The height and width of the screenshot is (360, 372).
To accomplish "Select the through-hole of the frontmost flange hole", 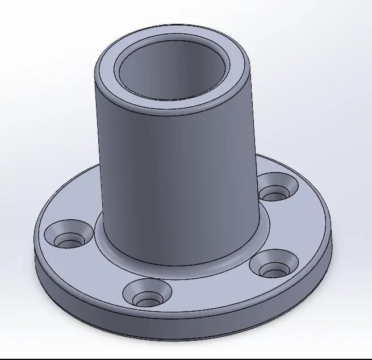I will pyautogui.click(x=148, y=299).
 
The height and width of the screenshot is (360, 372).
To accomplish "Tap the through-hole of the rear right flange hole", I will pyautogui.click(x=275, y=196).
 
